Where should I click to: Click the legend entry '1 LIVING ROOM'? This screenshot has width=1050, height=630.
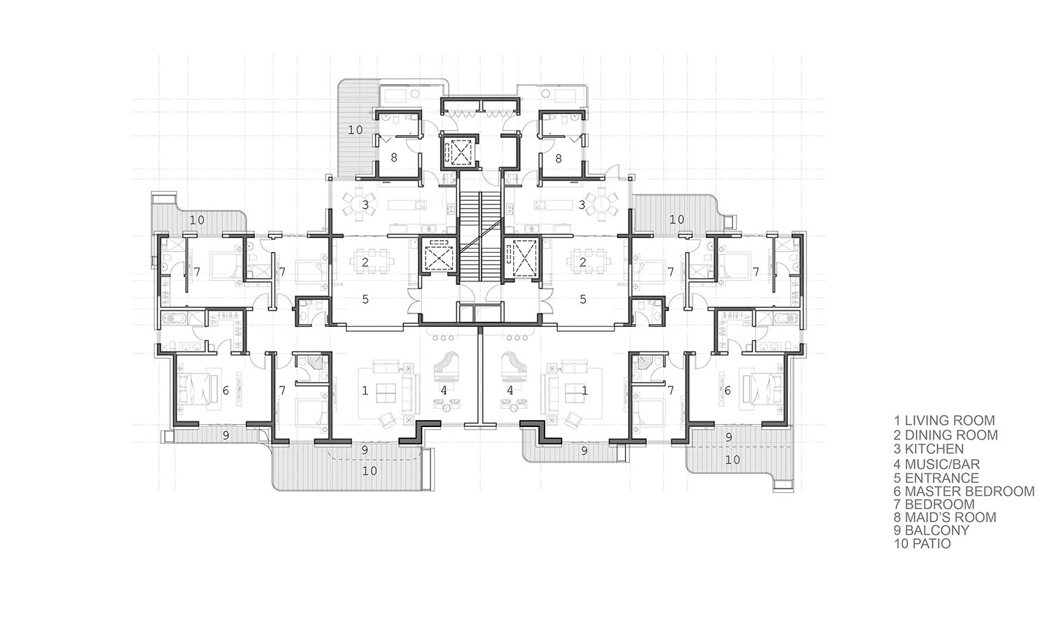point(944,421)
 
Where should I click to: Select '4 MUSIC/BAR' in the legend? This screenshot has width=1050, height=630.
point(937,464)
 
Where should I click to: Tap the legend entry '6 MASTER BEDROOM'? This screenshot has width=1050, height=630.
point(964,491)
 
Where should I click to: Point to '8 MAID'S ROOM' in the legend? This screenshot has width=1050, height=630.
point(944,517)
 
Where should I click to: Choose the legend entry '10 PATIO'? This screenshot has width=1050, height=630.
point(922,544)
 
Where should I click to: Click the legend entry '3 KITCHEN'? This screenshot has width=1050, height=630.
point(929,449)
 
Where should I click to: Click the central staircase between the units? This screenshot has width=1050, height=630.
point(480,234)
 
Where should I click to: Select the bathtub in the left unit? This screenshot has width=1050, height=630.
point(174,318)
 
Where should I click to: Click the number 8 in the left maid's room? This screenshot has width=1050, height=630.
point(393,158)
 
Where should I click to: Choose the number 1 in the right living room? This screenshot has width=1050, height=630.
point(584,390)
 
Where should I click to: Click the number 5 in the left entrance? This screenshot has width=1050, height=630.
point(365,299)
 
